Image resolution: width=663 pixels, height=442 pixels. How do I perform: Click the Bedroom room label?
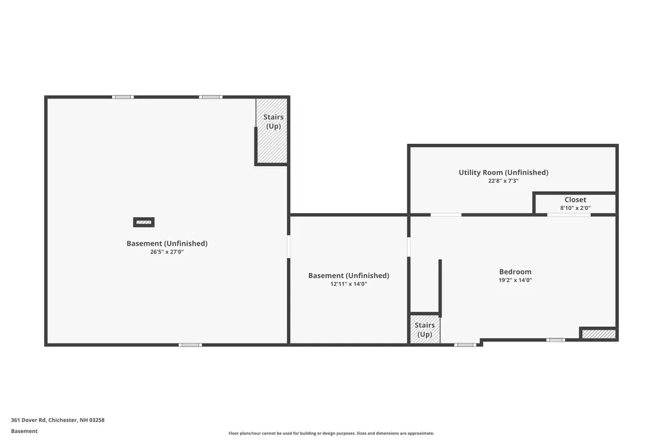click(515, 272)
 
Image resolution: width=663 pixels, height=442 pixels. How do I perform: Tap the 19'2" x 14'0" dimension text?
click(515, 281)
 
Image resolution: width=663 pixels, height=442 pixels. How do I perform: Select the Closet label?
click(575, 200)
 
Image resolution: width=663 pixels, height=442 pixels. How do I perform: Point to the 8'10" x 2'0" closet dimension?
click(575, 208)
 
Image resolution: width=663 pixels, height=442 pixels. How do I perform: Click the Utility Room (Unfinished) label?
click(503, 172)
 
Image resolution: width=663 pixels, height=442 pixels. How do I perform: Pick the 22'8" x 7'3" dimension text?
click(503, 181)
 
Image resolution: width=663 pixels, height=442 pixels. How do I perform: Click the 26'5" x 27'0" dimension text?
click(166, 252)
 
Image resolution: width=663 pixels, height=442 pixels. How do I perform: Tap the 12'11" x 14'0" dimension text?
click(348, 284)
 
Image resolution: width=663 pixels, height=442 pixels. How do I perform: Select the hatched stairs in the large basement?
click(272, 130)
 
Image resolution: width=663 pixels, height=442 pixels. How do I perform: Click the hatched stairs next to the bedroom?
click(425, 329)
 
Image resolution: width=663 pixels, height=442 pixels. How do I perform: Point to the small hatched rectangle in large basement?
click(144, 222)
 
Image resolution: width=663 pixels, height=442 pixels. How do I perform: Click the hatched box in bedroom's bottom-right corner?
click(598, 334)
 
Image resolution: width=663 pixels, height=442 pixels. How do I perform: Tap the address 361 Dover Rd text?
click(58, 420)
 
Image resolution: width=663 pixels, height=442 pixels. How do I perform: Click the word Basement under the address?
click(24, 431)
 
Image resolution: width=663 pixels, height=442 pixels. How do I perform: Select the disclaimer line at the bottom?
click(331, 434)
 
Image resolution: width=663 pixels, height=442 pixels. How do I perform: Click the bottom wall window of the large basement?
click(190, 345)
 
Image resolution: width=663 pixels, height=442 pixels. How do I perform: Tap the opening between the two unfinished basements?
click(289, 247)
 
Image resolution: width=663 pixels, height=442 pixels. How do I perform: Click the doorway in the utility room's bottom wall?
click(446, 215)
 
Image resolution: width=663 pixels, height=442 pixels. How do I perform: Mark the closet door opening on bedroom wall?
click(568, 215)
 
